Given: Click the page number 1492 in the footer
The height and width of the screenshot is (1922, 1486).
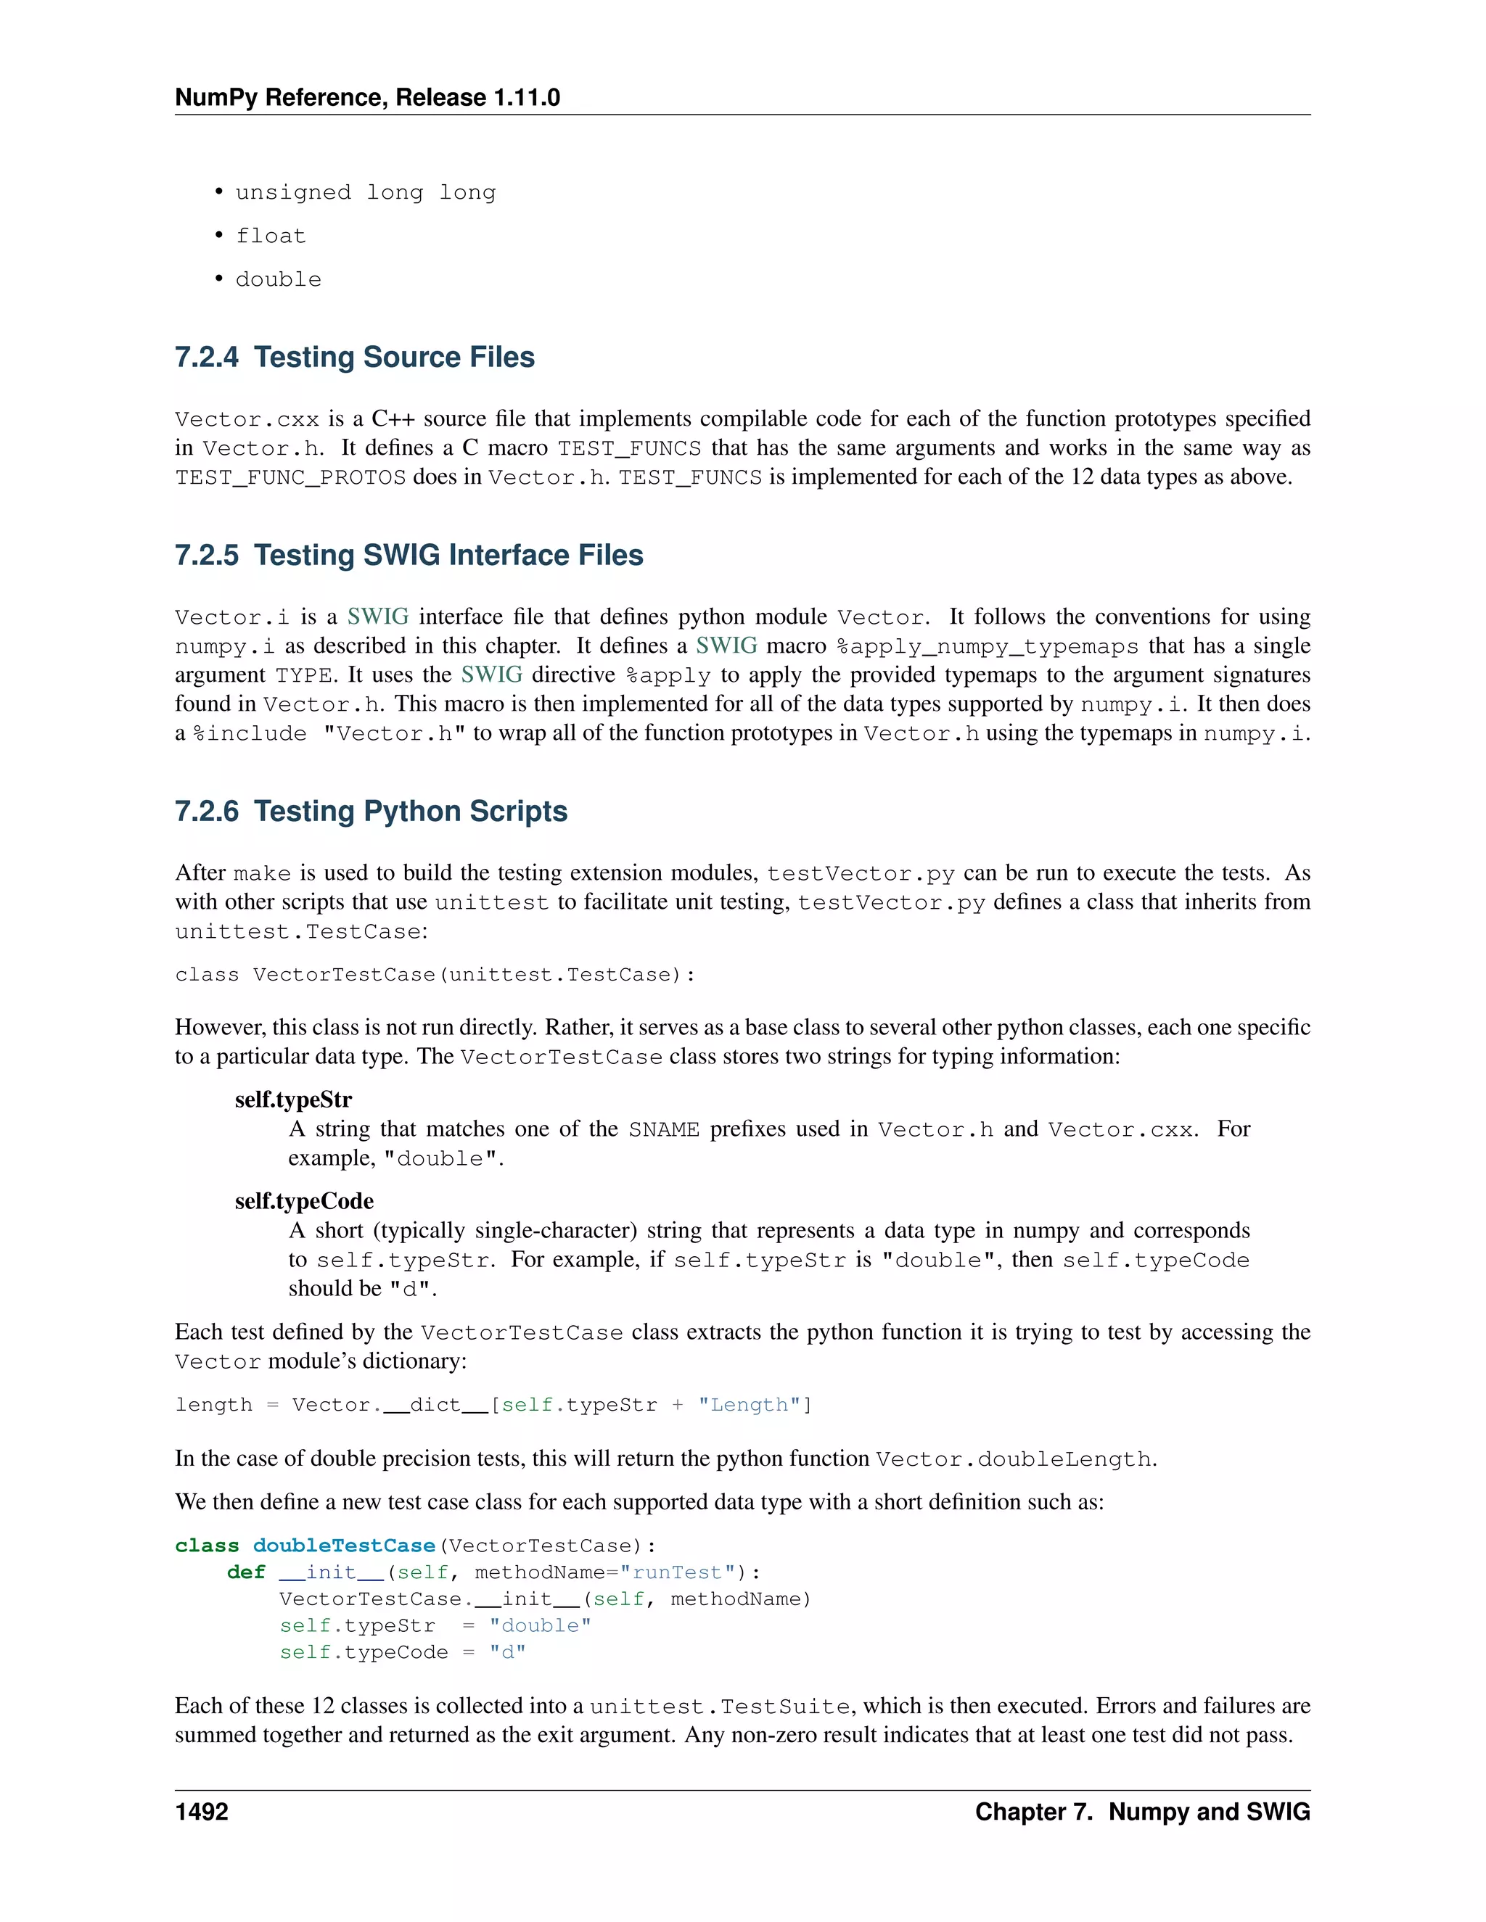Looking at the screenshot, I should [202, 1812].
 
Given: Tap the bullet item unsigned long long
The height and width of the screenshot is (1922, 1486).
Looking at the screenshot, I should [366, 193].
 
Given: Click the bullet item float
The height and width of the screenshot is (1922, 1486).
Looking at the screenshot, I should [270, 236].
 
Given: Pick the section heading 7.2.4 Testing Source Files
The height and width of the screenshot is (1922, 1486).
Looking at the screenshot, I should [355, 358].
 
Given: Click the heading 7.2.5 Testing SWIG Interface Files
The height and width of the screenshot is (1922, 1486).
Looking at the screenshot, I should [409, 556].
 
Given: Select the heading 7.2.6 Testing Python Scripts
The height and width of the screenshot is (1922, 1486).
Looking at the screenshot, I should [371, 812].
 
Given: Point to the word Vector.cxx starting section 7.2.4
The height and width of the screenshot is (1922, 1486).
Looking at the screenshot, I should [247, 420].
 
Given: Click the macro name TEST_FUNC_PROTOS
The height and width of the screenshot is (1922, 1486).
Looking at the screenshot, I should [290, 478].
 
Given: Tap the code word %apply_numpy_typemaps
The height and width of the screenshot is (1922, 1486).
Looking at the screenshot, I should [987, 647].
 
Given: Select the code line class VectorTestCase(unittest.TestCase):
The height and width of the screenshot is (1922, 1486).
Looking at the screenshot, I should [435, 975].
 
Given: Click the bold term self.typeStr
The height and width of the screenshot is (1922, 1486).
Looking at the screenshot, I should [293, 1100].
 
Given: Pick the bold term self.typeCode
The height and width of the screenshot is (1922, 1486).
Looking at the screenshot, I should [304, 1201].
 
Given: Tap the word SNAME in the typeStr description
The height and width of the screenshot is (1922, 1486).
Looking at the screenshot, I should [664, 1130].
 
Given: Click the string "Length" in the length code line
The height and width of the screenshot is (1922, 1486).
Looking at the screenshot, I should [749, 1406].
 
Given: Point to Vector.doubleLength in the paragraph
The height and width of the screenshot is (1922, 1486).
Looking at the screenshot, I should [1013, 1460].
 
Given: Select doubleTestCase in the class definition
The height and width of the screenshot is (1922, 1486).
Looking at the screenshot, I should [344, 1546].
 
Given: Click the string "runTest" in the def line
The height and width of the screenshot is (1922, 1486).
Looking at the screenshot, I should [677, 1572].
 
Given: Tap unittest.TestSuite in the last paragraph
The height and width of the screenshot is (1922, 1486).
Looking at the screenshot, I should [720, 1707].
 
